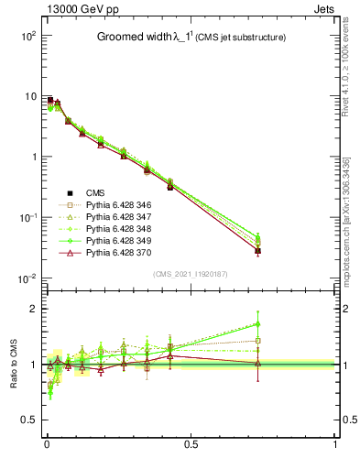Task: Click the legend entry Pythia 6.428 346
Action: click(x=116, y=204)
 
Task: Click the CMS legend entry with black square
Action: click(x=95, y=192)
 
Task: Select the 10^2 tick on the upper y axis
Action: click(x=27, y=36)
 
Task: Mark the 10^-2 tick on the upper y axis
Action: click(x=27, y=278)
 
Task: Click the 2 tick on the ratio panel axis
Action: click(x=34, y=309)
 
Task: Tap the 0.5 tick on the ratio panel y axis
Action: click(x=29, y=420)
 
